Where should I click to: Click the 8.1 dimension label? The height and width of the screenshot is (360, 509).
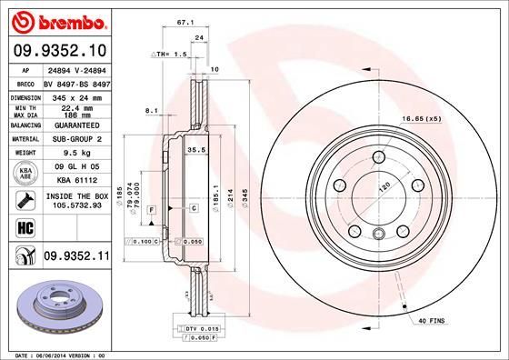click(x=151, y=110)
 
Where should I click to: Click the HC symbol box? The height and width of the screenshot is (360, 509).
click(x=20, y=226)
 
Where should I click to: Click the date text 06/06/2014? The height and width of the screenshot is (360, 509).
click(x=50, y=355)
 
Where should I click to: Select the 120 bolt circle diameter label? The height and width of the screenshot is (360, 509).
click(x=384, y=185)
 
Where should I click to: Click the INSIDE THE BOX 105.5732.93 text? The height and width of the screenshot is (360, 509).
click(x=76, y=200)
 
